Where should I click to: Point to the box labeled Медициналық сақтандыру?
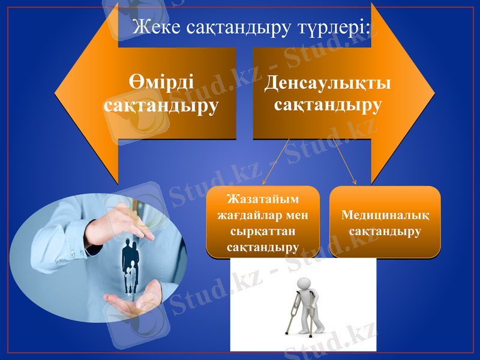click(x=385, y=222)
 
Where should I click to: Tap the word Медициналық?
click(x=385, y=214)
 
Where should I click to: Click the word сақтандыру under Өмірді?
click(x=160, y=106)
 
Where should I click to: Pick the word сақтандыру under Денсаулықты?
click(x=328, y=105)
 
